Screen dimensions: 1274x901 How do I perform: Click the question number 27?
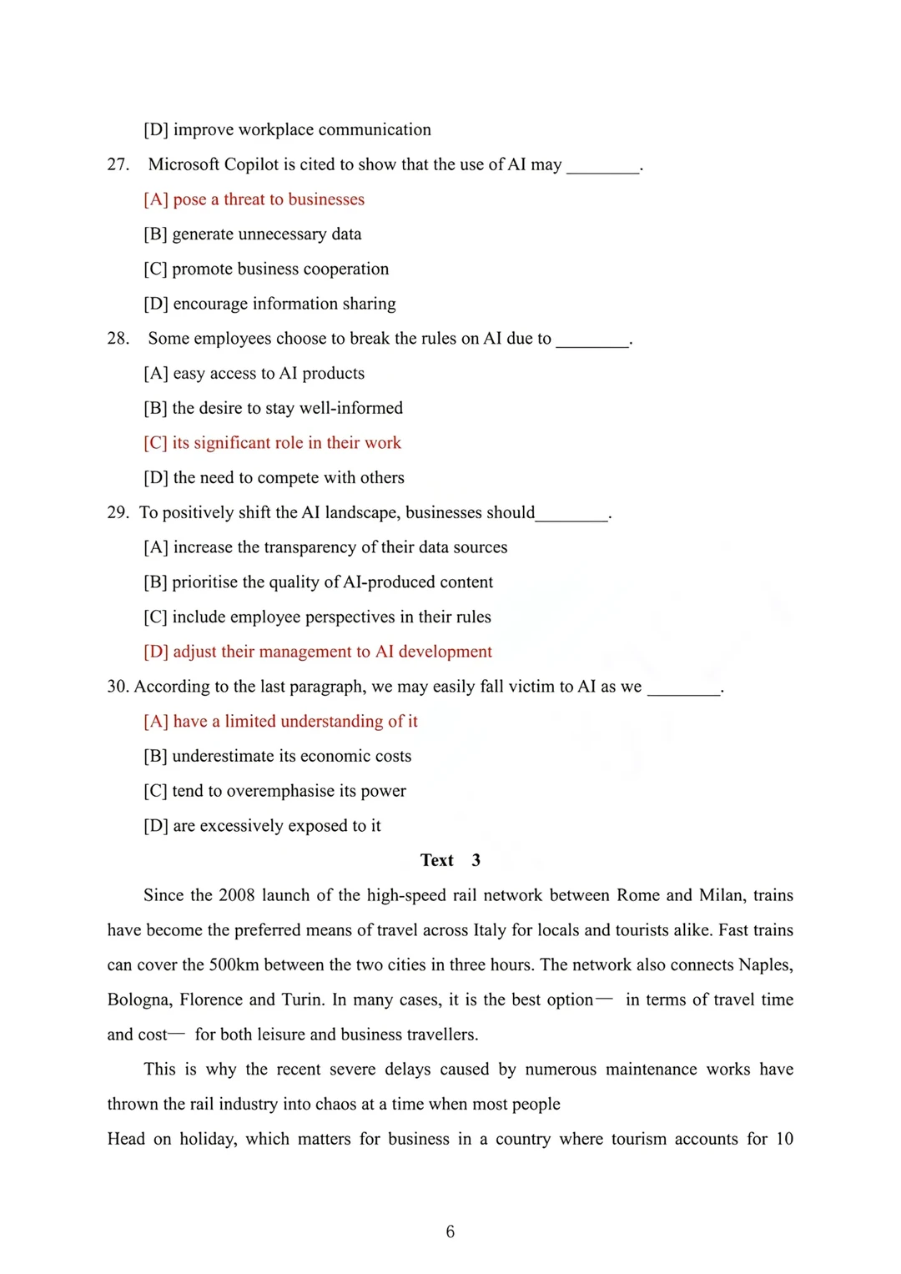[x=118, y=164]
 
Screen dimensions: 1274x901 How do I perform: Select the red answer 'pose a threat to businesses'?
[x=254, y=199]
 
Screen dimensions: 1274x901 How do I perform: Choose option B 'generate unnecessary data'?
[x=252, y=234]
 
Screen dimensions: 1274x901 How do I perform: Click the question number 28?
[x=118, y=339]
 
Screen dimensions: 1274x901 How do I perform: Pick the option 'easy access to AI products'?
[x=254, y=374]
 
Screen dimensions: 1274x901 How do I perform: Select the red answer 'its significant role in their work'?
[x=272, y=443]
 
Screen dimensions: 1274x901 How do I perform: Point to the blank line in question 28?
[x=592, y=342]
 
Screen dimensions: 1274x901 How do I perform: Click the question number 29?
[x=118, y=512]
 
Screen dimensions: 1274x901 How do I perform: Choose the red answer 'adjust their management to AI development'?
[x=318, y=652]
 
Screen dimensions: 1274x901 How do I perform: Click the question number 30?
[x=118, y=687]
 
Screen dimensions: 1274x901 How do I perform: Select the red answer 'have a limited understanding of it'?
[x=280, y=722]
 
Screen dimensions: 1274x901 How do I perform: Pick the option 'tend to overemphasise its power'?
[x=274, y=791]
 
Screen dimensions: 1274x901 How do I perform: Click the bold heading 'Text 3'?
[x=450, y=860]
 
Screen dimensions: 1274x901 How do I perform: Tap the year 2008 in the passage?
[x=236, y=895]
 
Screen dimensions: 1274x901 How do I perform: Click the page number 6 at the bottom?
[x=450, y=1231]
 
